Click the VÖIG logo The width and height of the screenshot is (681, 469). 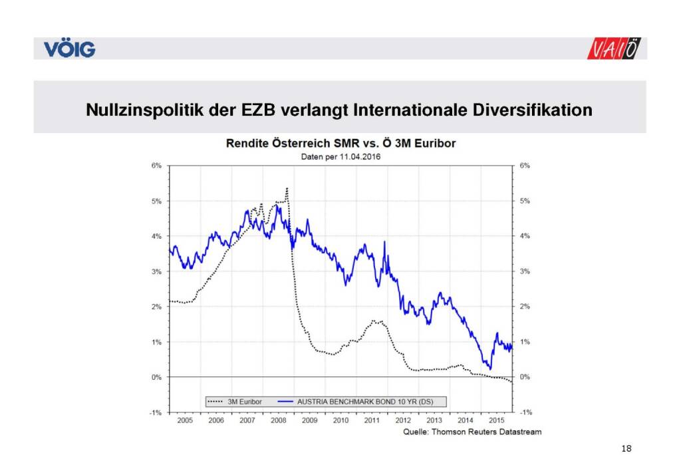coord(70,49)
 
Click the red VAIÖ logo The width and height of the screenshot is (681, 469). coord(615,49)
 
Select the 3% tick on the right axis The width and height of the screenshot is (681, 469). coord(525,271)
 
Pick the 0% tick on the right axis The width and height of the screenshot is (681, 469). coord(525,377)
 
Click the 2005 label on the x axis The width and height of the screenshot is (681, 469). coord(185,421)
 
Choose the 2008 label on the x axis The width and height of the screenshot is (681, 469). coord(278,421)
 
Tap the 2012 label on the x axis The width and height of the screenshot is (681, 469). coord(403,421)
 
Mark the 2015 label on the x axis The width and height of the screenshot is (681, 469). coord(496,421)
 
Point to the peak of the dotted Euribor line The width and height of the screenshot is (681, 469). coord(287,188)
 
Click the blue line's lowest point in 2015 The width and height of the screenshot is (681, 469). coord(490,369)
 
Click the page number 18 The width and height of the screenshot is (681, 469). coord(625,449)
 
